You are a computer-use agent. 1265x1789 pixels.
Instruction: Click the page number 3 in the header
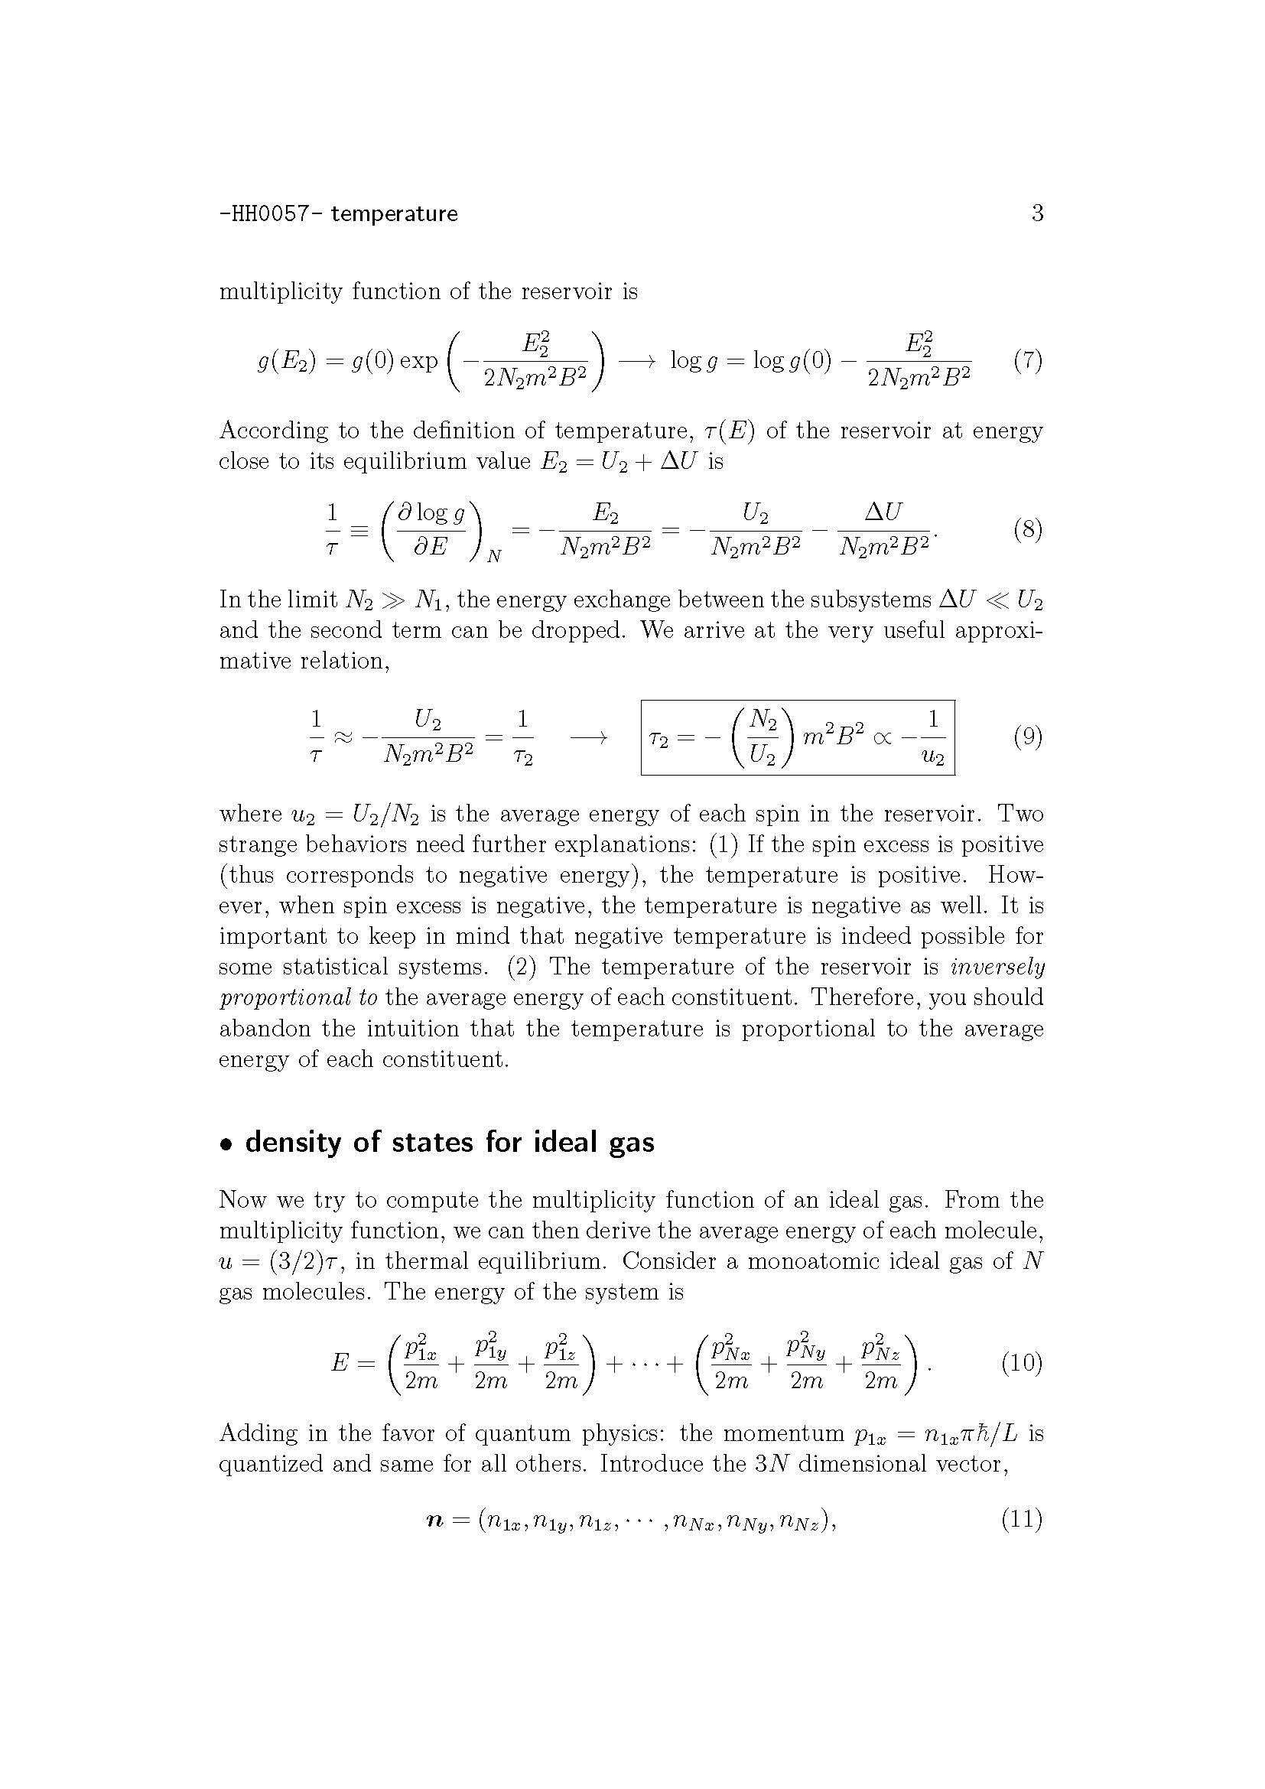[1037, 213]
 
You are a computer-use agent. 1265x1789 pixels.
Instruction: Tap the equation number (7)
[1027, 361]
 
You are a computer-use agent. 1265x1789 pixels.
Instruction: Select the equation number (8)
[1027, 531]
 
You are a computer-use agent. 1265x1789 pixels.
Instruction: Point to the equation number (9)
[1027, 737]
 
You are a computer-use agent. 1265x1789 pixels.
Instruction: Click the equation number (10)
[1021, 1363]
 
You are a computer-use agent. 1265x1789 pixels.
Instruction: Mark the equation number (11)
[1021, 1519]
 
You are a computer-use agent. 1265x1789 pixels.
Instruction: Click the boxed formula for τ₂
[798, 737]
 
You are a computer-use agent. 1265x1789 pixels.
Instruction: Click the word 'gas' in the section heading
[629, 1143]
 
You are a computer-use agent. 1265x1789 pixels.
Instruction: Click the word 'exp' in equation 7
[419, 362]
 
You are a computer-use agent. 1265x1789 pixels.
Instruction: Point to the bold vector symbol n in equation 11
[435, 1520]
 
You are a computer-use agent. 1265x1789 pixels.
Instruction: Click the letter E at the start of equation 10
[340, 1363]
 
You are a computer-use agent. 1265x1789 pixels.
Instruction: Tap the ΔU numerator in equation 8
[883, 512]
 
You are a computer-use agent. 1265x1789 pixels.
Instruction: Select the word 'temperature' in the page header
[394, 213]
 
